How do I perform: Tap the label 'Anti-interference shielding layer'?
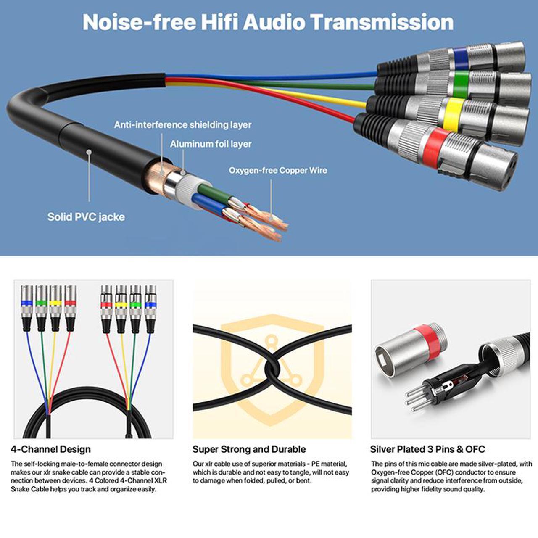pyautogui.click(x=182, y=125)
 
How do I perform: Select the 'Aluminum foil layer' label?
pyautogui.click(x=211, y=144)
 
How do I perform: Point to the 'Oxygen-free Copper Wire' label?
pyautogui.click(x=278, y=170)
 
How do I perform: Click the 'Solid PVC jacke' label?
pyautogui.click(x=86, y=217)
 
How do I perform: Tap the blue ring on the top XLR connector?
pyautogui.click(x=461, y=58)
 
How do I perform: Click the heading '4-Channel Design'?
pyautogui.click(x=51, y=449)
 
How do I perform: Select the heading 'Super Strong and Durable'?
pyautogui.click(x=249, y=449)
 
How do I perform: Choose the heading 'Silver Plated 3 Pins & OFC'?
pyautogui.click(x=427, y=449)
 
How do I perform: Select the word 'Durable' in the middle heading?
pyautogui.click(x=288, y=449)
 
